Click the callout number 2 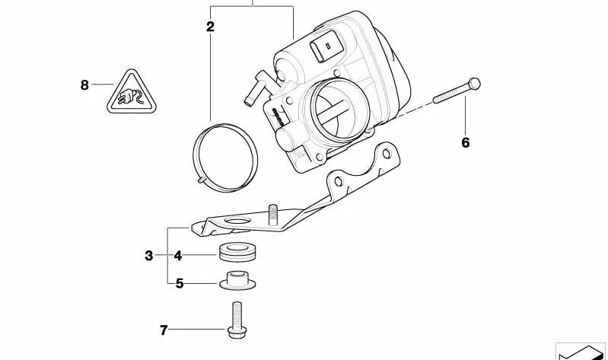pyautogui.click(x=210, y=27)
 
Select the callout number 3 pyautogui.click(x=149, y=256)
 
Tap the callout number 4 pyautogui.click(x=177, y=256)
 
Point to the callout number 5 pyautogui.click(x=180, y=284)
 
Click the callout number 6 pyautogui.click(x=466, y=142)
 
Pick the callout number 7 pyautogui.click(x=163, y=330)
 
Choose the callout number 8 pyautogui.click(x=84, y=84)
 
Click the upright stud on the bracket pyautogui.click(x=272, y=213)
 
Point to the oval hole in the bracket pyautogui.click(x=239, y=223)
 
